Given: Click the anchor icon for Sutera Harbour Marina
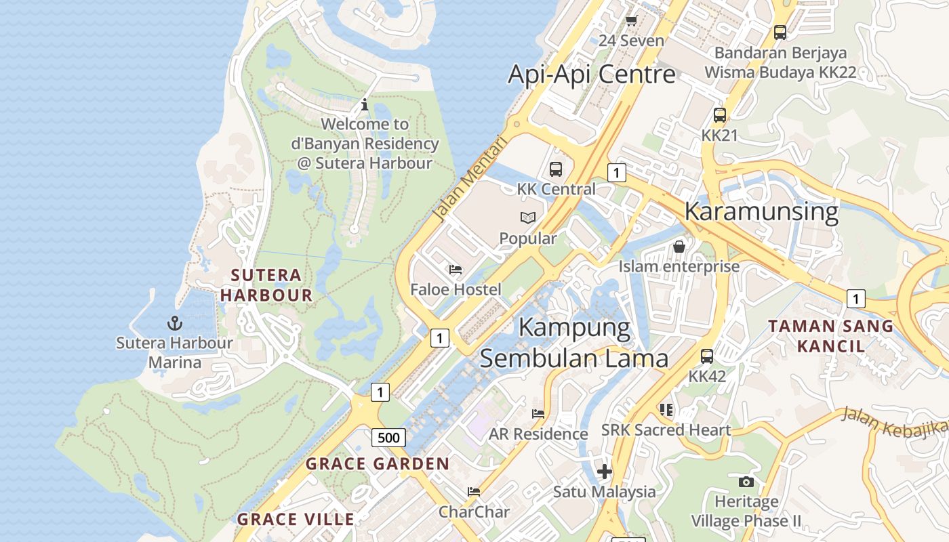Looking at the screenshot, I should (x=175, y=322).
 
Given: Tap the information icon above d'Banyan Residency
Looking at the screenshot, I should (x=365, y=104).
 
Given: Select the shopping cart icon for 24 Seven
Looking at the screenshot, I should (x=632, y=21).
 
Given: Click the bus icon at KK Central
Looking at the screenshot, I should (x=556, y=169).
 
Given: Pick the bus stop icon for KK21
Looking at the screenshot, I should (x=720, y=115).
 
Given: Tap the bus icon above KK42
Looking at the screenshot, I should (x=707, y=356).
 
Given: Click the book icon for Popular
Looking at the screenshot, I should (x=528, y=217).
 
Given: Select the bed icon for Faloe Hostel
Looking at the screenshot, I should (x=456, y=270).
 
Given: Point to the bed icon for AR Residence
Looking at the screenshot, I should (x=538, y=413).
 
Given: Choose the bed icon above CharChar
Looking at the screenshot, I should (x=474, y=491).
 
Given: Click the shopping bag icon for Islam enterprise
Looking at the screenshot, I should (x=679, y=247).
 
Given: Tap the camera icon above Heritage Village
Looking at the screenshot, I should (x=746, y=482).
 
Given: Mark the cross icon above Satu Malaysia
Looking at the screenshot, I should (x=605, y=472).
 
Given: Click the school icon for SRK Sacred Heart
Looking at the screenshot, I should (x=666, y=410).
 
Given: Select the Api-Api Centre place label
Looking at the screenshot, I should (x=592, y=74).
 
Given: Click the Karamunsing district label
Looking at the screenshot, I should (x=761, y=211).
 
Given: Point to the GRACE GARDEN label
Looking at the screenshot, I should (x=378, y=464).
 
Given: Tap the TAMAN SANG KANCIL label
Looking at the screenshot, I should (x=831, y=336).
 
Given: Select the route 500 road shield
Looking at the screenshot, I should (x=388, y=438).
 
